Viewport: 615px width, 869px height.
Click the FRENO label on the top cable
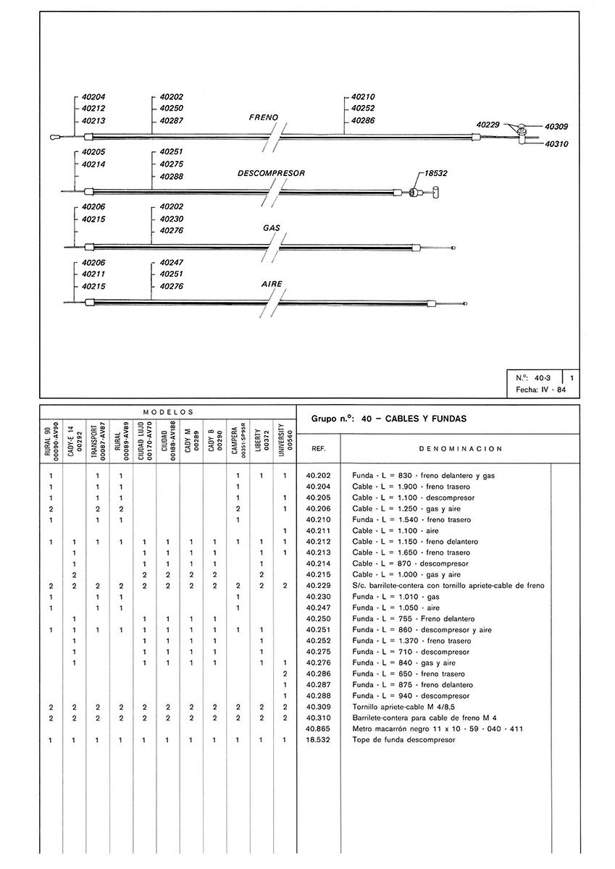[264, 117]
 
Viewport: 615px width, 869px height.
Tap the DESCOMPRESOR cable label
[271, 174]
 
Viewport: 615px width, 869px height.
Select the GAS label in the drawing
[272, 227]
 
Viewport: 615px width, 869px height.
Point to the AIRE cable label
[272, 284]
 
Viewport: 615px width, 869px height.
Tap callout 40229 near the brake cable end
[489, 125]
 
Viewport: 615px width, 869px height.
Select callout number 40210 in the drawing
[363, 96]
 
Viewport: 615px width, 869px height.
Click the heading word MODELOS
[167, 411]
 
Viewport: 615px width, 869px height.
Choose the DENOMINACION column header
[451, 449]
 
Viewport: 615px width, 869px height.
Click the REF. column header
[318, 449]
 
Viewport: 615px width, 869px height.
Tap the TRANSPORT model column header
[97, 439]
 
